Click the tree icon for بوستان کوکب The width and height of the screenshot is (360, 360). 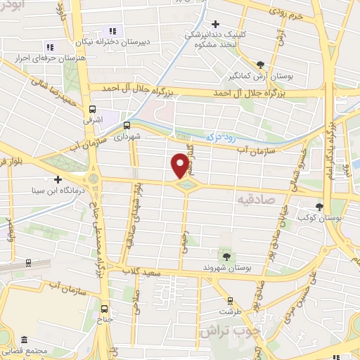click(x=321, y=207)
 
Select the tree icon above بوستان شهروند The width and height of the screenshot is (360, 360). click(x=226, y=255)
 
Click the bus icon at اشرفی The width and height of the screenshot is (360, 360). click(x=92, y=109)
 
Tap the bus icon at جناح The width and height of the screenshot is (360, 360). click(x=105, y=308)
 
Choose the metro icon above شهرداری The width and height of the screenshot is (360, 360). click(x=126, y=127)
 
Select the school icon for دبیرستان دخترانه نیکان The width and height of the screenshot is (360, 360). click(x=111, y=30)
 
